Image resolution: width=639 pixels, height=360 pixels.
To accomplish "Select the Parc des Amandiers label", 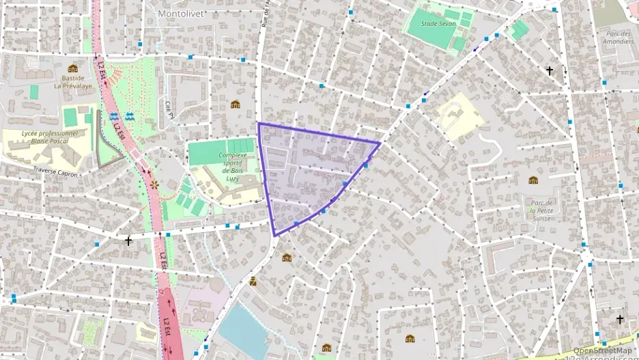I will [619, 37].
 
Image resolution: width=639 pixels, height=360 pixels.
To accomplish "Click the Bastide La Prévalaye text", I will [72, 83].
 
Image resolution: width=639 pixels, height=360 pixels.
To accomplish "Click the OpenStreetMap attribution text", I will [601, 350].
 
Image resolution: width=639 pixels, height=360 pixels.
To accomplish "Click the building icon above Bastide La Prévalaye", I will [72, 68].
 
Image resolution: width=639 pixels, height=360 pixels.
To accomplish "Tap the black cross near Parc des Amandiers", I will [550, 70].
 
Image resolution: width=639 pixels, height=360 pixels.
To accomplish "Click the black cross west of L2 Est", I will [128, 240].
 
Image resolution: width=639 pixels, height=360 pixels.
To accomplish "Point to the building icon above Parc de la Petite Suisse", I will [533, 180].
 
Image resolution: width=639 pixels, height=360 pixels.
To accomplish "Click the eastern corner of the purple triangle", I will [379, 143].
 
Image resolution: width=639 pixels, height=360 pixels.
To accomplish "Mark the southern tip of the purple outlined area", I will [275, 236].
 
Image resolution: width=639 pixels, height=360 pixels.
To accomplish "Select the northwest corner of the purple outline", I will [259, 124].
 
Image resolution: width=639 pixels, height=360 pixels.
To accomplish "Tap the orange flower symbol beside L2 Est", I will [154, 185].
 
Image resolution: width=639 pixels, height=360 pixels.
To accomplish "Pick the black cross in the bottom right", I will [620, 319].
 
